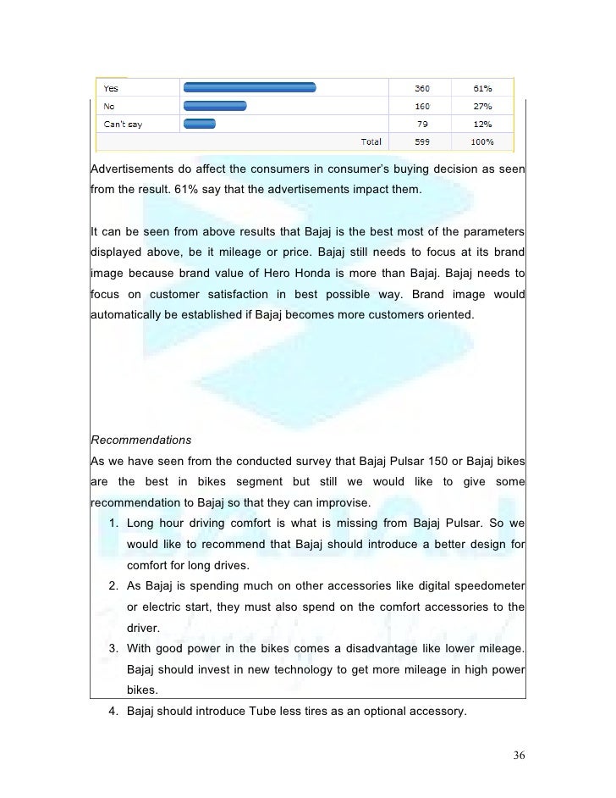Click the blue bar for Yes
(x=249, y=86)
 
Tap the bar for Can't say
(x=199, y=125)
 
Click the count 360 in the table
(x=420, y=87)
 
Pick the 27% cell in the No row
(x=481, y=106)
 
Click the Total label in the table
(x=371, y=141)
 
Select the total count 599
(x=420, y=141)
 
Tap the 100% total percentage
(x=481, y=141)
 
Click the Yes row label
(x=110, y=87)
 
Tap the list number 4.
(x=113, y=712)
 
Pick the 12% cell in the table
(x=481, y=125)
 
